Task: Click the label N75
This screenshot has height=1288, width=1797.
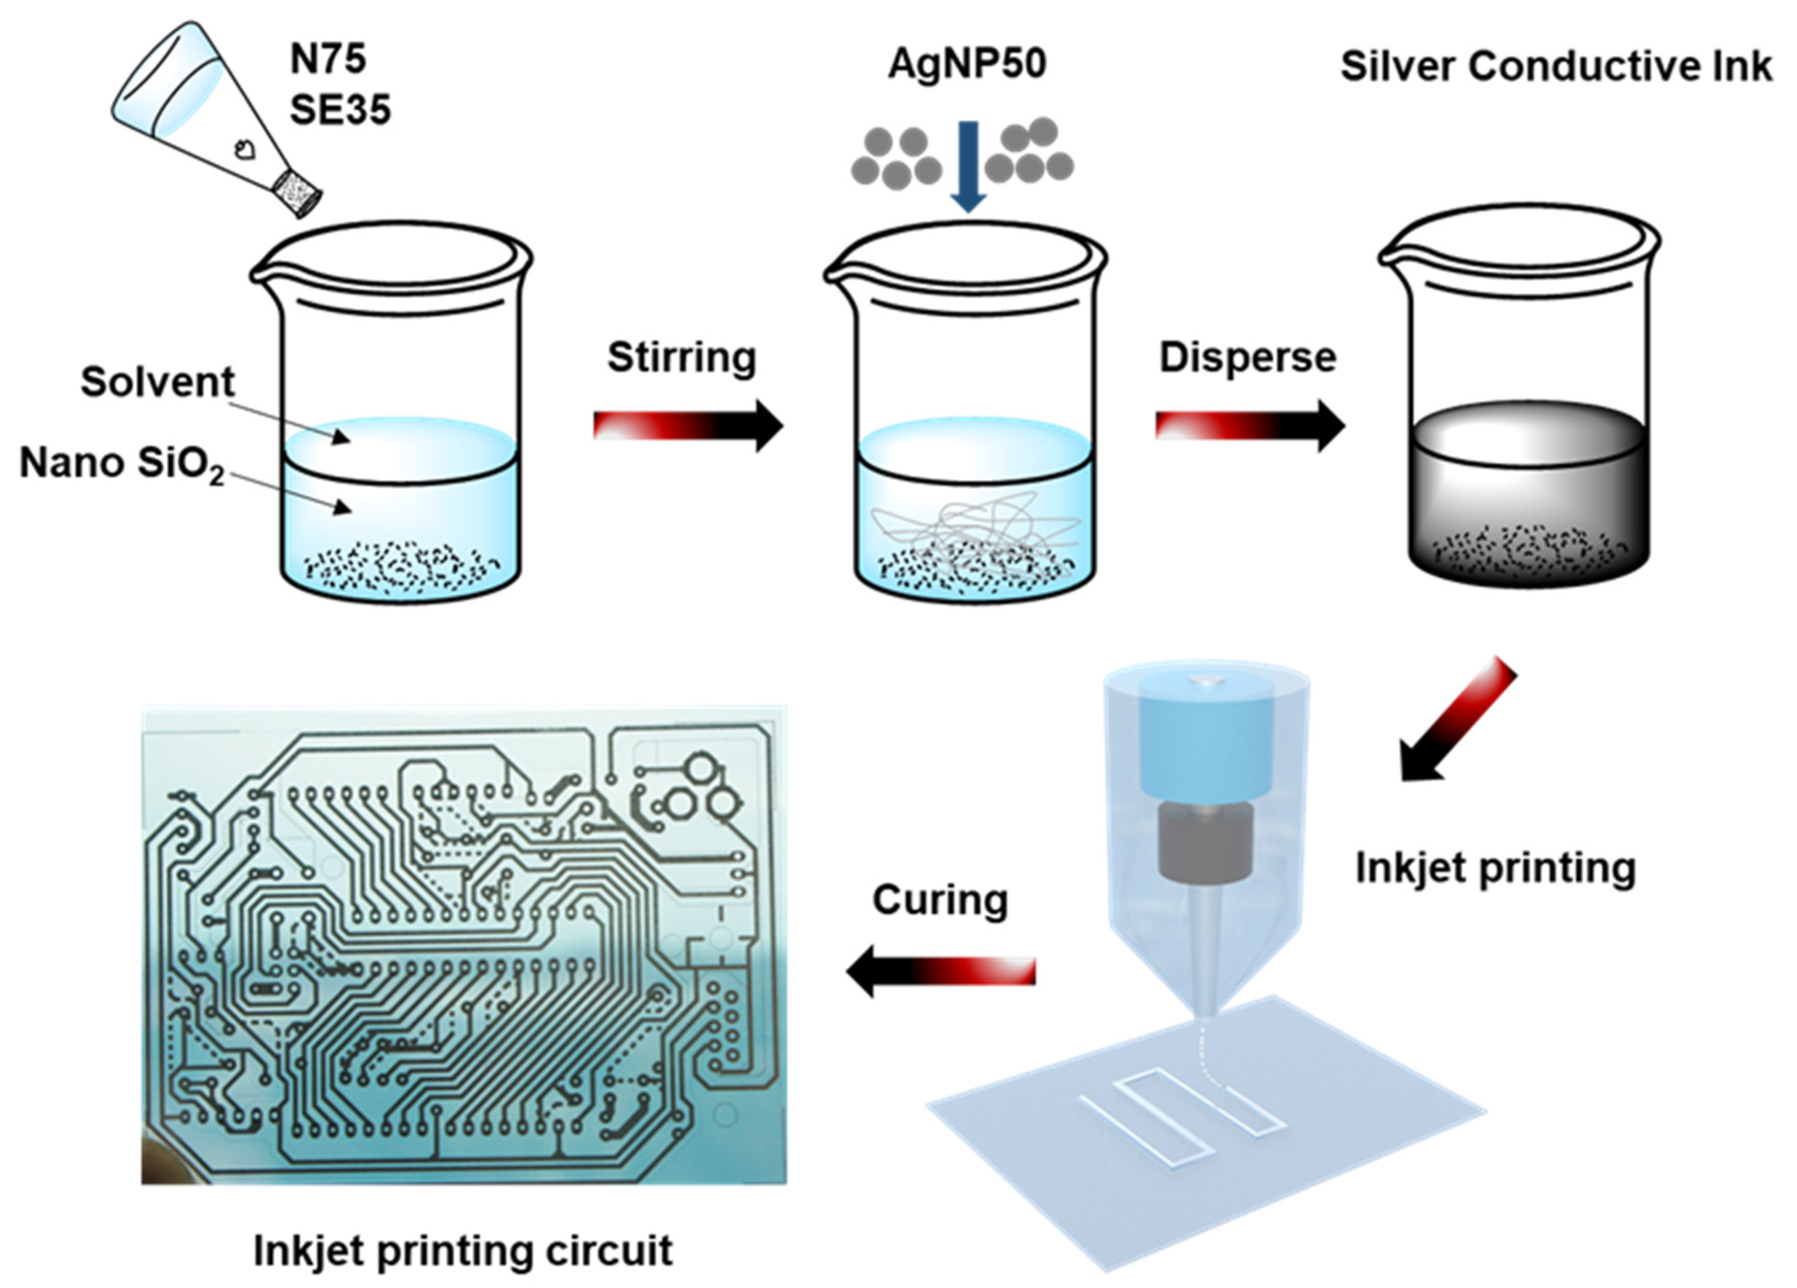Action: point(328,59)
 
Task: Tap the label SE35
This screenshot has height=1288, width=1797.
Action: point(340,109)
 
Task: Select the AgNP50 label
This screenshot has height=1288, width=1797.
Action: point(967,63)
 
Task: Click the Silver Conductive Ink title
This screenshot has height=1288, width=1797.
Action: point(1555,66)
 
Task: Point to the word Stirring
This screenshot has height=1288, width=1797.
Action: point(681,357)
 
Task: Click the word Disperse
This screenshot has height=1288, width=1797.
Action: point(1248,357)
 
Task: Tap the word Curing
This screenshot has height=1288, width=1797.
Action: point(940,900)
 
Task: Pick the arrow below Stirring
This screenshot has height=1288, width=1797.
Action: point(688,425)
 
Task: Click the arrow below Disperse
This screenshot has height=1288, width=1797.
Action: point(1250,425)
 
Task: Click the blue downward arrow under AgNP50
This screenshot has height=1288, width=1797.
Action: point(967,166)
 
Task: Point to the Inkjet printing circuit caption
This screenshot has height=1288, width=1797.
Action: point(463,1251)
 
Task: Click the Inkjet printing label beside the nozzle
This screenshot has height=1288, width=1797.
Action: point(1495,867)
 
